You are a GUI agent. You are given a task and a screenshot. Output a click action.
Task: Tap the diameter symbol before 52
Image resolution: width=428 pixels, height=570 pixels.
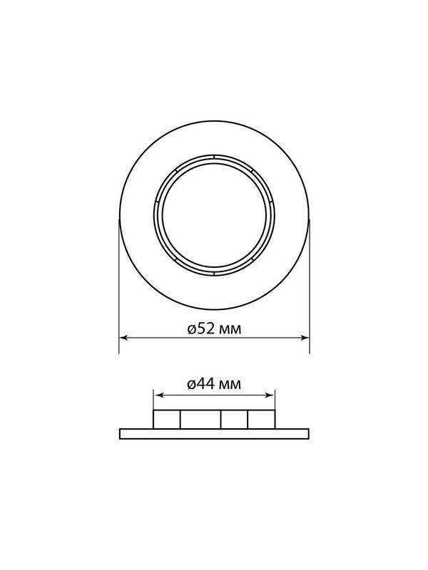(193, 329)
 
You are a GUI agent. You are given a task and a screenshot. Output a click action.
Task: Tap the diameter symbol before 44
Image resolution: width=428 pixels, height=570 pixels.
(193, 384)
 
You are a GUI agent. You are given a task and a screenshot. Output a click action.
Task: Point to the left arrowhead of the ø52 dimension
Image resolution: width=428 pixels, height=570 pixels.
(123, 338)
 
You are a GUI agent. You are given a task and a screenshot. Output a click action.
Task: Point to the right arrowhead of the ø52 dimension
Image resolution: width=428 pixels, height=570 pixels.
(305, 338)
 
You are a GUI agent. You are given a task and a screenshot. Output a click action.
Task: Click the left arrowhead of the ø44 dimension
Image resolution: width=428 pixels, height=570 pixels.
(158, 395)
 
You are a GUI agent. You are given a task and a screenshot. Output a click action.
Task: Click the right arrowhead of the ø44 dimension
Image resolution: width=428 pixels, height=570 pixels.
(270, 395)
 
